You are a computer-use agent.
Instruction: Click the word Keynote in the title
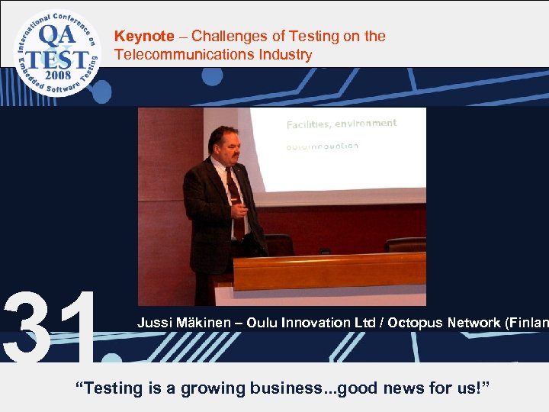pos(144,36)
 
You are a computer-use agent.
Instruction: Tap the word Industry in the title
pos(284,55)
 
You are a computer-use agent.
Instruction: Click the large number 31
pos(50,327)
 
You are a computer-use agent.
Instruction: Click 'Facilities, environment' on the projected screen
pos(341,124)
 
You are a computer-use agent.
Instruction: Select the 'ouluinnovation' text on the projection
pos(322,146)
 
